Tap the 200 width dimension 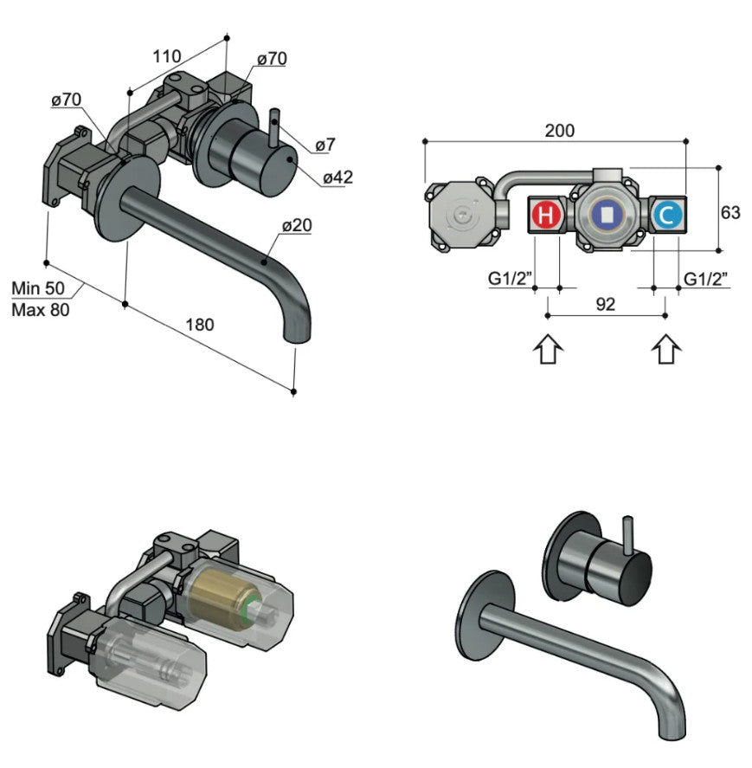559,131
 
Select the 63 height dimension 730,211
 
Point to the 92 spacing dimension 606,304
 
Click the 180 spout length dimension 200,325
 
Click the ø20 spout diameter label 296,225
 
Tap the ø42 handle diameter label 337,177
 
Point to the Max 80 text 40,309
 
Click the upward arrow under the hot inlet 548,351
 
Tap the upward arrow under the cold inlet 665,351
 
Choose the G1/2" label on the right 705,279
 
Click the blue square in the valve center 607,213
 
